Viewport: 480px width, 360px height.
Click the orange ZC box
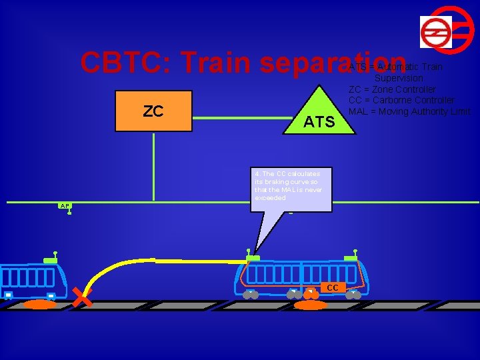tap(153, 111)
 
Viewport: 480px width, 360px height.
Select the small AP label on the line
tap(65, 206)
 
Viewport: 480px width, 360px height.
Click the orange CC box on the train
tap(333, 287)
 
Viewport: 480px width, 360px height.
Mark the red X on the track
tap(81, 298)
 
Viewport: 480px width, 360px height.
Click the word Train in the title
tap(217, 63)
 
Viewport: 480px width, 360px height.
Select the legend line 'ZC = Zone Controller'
tap(392, 89)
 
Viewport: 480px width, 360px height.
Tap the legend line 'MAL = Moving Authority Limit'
tap(409, 111)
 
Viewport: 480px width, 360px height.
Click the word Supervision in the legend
tap(399, 78)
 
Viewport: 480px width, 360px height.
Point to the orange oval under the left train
tap(39, 305)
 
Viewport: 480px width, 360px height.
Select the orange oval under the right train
tap(311, 305)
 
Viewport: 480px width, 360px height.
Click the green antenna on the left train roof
tap(51, 259)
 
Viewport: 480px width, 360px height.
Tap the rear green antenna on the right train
tap(253, 257)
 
